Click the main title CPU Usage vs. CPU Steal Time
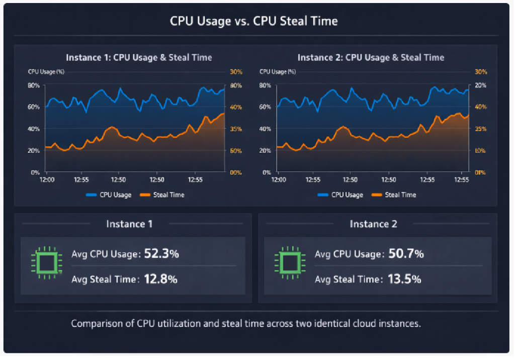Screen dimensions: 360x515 click(253, 21)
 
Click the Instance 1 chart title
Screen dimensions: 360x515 click(139, 57)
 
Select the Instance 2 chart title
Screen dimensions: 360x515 click(371, 57)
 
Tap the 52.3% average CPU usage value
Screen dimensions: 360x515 click(161, 254)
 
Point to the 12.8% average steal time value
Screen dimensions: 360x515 click(160, 279)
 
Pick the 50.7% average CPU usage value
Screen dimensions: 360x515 click(406, 254)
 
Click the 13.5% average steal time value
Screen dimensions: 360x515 click(404, 279)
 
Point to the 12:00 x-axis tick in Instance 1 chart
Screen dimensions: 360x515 click(47, 179)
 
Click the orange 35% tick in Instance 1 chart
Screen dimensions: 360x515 click(236, 129)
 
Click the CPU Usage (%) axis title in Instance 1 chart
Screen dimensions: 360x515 click(46, 72)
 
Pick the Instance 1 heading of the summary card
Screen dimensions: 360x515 click(129, 224)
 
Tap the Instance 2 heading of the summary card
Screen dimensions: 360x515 click(373, 224)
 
